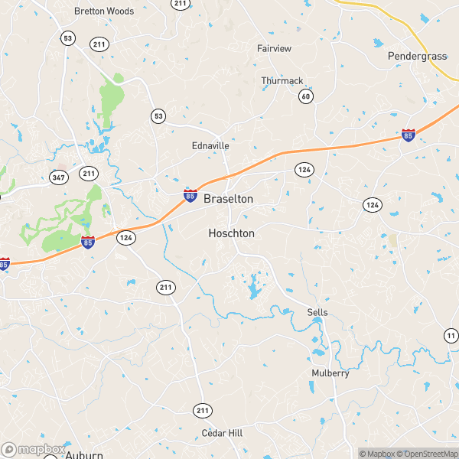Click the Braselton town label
[x=228, y=198]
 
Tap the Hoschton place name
[x=231, y=233]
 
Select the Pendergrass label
[x=416, y=56]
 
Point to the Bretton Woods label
[x=104, y=11]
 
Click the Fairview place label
[x=274, y=48]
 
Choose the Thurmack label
[x=282, y=80]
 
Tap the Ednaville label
[x=210, y=145]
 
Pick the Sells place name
[x=317, y=313]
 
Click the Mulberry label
[x=330, y=373]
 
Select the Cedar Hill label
[x=222, y=433]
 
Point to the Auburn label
[x=83, y=454]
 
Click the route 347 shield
[x=58, y=178]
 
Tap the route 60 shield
[x=306, y=96]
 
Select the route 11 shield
[x=451, y=335]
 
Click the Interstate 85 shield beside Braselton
[x=190, y=196]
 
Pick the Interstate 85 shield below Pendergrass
[x=409, y=135]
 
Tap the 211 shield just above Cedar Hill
[x=202, y=412]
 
